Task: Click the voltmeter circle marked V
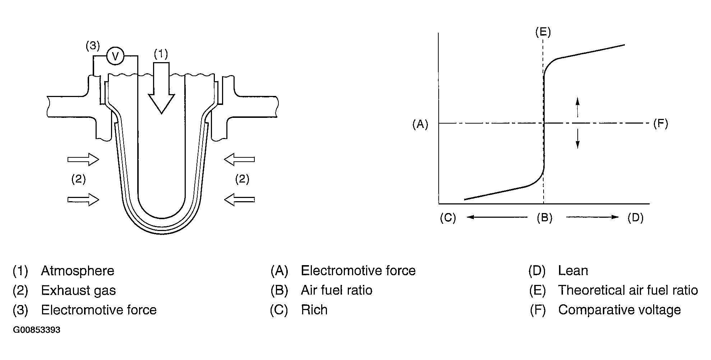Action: click(115, 56)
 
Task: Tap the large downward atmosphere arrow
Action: click(161, 90)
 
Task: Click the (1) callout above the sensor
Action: click(161, 54)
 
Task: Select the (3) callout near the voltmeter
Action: click(93, 46)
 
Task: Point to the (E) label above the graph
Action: click(543, 32)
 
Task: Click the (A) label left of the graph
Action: click(420, 124)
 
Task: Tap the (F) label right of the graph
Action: click(660, 124)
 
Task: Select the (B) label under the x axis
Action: click(544, 218)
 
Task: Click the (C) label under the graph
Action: click(448, 218)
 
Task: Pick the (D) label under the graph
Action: click(635, 218)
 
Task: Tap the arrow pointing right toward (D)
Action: click(592, 217)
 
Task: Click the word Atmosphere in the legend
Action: click(78, 271)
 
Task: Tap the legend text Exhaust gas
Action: click(78, 290)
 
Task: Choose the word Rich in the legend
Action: click(314, 310)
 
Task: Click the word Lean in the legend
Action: click(573, 271)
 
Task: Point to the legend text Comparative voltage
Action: click(619, 310)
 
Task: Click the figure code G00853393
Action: click(37, 330)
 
